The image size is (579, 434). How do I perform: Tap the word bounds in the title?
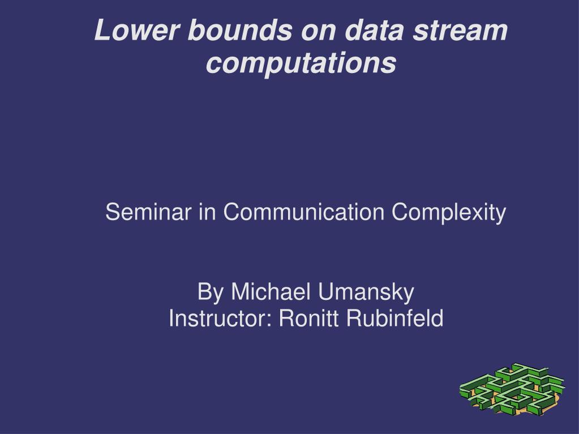tap(240, 30)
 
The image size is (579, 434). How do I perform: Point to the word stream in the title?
tap(460, 31)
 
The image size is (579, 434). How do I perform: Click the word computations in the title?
tap(301, 63)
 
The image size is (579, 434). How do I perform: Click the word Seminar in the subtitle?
tap(148, 212)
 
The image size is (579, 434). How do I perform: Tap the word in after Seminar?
tap(207, 212)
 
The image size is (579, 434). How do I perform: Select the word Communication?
tap(304, 212)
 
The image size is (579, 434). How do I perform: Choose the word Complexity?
tap(449, 213)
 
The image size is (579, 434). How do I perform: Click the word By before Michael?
tap(211, 293)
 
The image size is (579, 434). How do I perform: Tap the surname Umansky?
tap(366, 293)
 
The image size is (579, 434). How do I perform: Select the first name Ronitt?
tap(308, 318)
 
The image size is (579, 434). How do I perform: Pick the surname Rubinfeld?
tap(394, 318)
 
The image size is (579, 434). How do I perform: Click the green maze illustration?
tap(512, 389)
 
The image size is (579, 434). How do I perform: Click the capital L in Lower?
tap(104, 30)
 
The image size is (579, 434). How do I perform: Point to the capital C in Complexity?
tap(401, 212)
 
